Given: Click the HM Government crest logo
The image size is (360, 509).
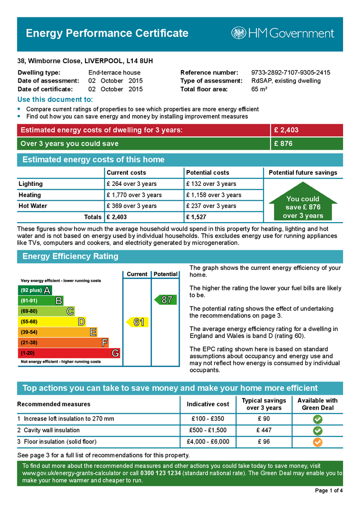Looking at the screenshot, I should click(x=238, y=33).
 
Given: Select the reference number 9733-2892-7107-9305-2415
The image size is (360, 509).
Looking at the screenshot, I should click(x=290, y=73).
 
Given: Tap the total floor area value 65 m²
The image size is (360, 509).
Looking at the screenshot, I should click(x=260, y=89).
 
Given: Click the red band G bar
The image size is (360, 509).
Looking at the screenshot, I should click(x=69, y=353).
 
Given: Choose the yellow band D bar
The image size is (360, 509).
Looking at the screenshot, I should click(x=52, y=322).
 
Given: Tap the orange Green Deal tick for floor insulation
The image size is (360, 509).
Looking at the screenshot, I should click(x=317, y=441).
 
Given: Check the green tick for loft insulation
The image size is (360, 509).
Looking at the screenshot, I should click(x=317, y=419).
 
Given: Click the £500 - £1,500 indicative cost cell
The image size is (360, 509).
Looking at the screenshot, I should click(x=208, y=430).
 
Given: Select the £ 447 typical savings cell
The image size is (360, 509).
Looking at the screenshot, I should click(x=264, y=430).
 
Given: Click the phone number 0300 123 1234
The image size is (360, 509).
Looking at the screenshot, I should click(x=161, y=473).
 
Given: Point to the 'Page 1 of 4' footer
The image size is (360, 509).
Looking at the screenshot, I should click(x=329, y=491).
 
